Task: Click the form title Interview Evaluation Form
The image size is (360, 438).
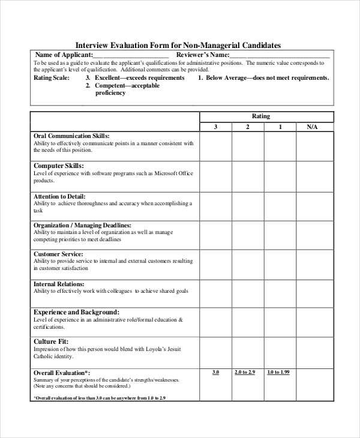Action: (x=178, y=45)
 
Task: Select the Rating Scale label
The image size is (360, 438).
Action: (x=52, y=78)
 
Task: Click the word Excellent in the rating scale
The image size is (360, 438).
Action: (x=109, y=78)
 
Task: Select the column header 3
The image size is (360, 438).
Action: (x=215, y=127)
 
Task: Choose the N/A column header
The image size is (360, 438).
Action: (x=312, y=127)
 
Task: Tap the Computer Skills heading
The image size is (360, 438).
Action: (x=58, y=166)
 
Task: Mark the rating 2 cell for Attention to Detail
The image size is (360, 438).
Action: (x=248, y=206)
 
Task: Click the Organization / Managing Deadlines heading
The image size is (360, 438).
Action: (x=82, y=225)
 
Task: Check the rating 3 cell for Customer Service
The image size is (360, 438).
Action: (x=215, y=264)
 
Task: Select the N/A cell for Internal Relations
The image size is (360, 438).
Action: (x=312, y=293)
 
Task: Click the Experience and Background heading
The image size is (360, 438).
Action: (x=76, y=313)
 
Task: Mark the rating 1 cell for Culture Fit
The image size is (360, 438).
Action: (x=280, y=352)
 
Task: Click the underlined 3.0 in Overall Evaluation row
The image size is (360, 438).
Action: (x=215, y=373)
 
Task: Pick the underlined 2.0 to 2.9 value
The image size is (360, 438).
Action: (x=245, y=373)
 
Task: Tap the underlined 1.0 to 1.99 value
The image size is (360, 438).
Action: (x=278, y=373)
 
